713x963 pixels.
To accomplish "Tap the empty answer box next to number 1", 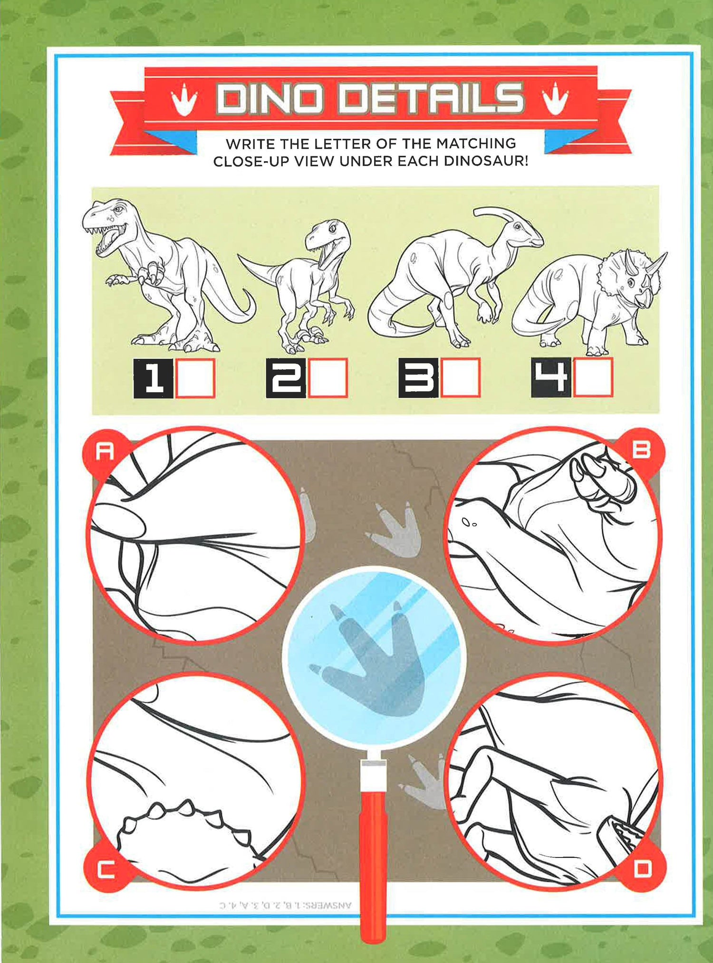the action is point(195,378).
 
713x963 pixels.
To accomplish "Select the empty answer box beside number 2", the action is point(328,378).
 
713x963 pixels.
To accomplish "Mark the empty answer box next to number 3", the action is point(461,378).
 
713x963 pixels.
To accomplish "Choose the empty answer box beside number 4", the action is point(593,377).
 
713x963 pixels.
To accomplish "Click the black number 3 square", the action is point(418,378).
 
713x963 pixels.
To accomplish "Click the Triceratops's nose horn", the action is point(658,263).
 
